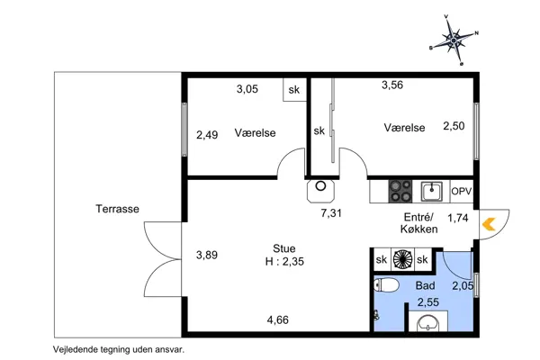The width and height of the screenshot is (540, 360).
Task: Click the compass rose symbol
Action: (x=454, y=40)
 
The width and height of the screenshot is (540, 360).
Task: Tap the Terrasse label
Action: (x=117, y=209)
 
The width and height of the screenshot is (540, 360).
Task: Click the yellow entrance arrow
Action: (x=489, y=224)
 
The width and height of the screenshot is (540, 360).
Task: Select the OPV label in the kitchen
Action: (x=461, y=191)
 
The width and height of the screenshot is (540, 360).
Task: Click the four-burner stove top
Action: (x=400, y=191)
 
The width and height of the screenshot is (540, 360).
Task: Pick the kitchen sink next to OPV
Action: (x=431, y=192)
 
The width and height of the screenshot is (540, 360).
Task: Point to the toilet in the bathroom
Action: (x=386, y=285)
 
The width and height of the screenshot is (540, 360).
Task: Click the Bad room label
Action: (x=426, y=285)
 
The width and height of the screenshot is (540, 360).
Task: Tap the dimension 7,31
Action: (x=331, y=213)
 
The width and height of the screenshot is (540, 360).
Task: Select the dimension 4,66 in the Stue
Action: (x=278, y=320)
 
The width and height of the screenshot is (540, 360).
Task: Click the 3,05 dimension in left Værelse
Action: (x=247, y=89)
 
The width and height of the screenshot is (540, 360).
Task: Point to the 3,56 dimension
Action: (x=392, y=85)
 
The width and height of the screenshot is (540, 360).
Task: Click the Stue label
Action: (x=284, y=248)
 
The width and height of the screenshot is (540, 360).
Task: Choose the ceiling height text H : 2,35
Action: (x=284, y=262)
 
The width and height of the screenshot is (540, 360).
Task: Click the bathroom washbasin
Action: (x=428, y=323)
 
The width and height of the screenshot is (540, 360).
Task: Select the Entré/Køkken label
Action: (x=418, y=223)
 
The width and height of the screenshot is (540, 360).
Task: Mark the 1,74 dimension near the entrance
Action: (x=458, y=218)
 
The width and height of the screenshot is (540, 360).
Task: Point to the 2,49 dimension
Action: (x=207, y=135)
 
